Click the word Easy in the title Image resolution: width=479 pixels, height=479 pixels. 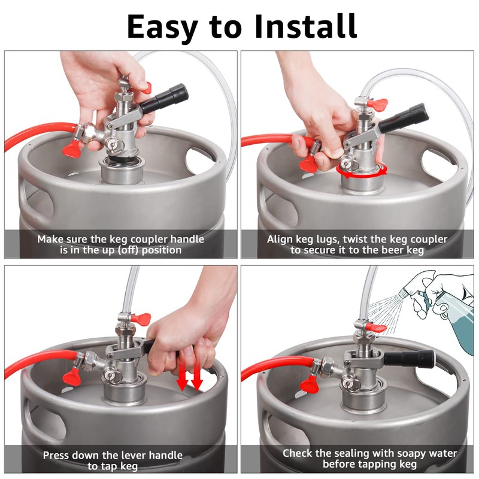162,28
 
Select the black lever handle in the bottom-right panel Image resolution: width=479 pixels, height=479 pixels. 409,358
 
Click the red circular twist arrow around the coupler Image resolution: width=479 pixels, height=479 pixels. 362,175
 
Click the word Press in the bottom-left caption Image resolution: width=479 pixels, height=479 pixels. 56,456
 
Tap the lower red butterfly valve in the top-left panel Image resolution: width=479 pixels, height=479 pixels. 71,151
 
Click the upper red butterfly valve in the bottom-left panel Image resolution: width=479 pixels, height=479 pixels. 141,318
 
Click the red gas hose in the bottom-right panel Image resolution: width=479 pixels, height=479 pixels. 275,368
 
